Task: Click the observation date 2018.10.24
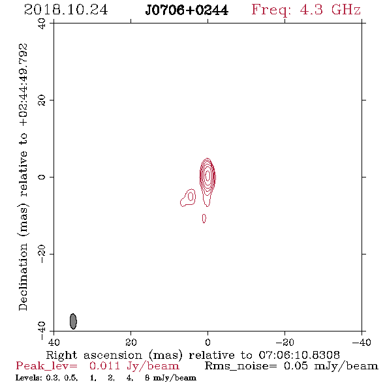click(66, 10)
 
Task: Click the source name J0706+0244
click(187, 10)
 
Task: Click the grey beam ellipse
click(73, 321)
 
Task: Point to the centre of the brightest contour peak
click(208, 176)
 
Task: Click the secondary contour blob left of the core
click(188, 198)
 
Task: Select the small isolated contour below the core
click(204, 219)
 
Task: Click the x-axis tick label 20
click(131, 342)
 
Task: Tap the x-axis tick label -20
click(285, 342)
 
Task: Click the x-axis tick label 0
click(208, 342)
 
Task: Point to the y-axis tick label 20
click(42, 100)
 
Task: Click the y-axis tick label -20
click(42, 254)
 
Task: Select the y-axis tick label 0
click(42, 177)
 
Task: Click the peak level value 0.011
click(104, 366)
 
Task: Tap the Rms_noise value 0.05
click(296, 366)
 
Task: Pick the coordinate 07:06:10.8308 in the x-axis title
click(299, 355)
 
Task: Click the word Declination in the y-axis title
click(23, 277)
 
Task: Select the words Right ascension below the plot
click(94, 355)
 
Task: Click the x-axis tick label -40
click(362, 342)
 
